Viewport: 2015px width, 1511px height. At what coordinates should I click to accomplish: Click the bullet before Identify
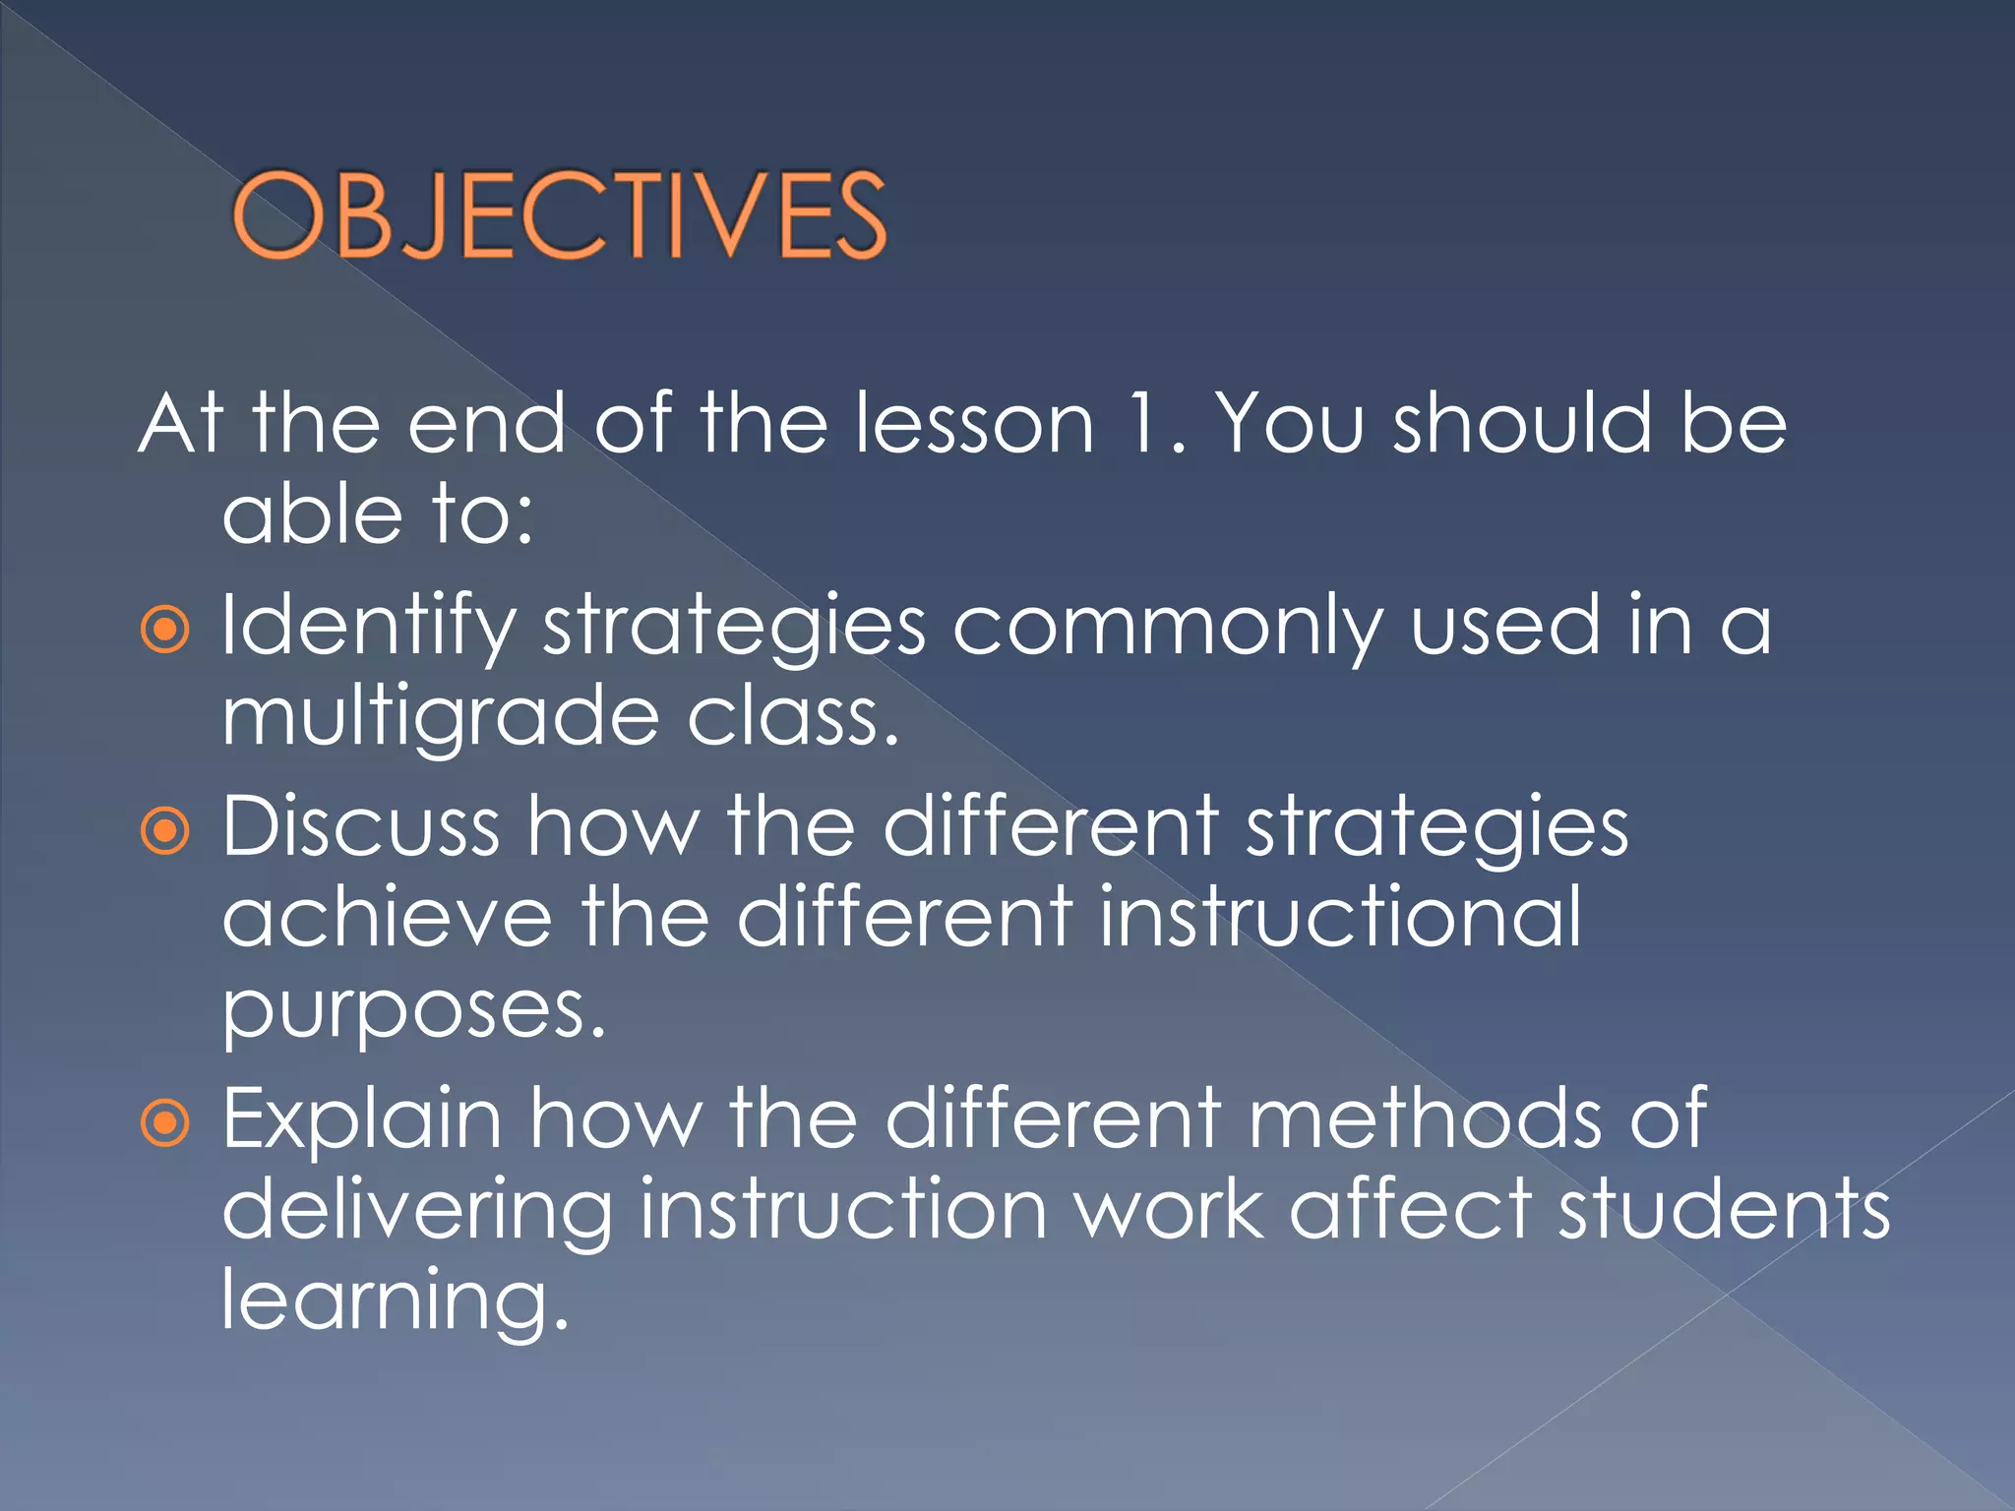click(164, 630)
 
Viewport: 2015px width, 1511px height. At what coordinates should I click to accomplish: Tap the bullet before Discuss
click(164, 832)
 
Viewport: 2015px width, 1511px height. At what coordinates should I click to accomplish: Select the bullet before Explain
click(164, 1123)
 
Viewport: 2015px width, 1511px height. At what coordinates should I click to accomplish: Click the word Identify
click(369, 627)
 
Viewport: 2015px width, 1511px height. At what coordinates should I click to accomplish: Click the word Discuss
click(360, 826)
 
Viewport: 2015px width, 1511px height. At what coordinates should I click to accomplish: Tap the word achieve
click(388, 917)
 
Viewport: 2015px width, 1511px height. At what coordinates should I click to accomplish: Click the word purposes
click(413, 1011)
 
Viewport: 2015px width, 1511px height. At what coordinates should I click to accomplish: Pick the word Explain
click(362, 1119)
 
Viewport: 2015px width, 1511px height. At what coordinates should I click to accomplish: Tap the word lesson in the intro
click(974, 423)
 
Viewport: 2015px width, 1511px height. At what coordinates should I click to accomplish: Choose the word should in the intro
click(1522, 423)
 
